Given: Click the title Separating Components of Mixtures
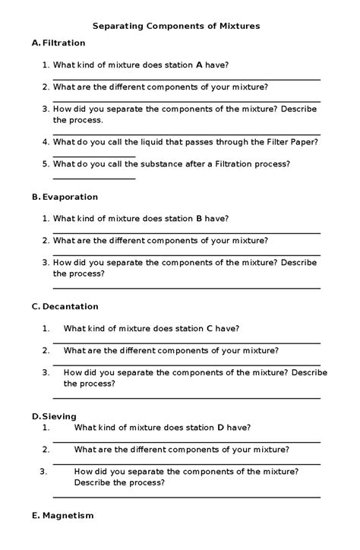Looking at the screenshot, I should click(x=176, y=26).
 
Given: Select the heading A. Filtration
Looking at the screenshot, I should click(x=58, y=43).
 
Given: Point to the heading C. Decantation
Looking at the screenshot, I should click(x=65, y=307).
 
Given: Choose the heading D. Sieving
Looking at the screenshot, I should click(x=54, y=416).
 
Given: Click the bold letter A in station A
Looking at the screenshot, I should click(x=199, y=65).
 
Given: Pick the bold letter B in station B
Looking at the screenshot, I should click(x=199, y=219).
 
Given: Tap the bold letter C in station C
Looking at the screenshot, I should click(x=210, y=329).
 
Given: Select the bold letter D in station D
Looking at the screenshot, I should click(x=220, y=427).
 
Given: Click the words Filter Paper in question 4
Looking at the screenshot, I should click(x=274, y=142).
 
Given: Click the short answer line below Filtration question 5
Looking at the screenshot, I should click(x=94, y=179).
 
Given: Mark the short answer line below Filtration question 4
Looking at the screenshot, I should click(x=94, y=157).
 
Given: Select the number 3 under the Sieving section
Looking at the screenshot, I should click(x=43, y=471).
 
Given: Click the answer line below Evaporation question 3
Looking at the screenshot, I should click(x=186, y=288).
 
